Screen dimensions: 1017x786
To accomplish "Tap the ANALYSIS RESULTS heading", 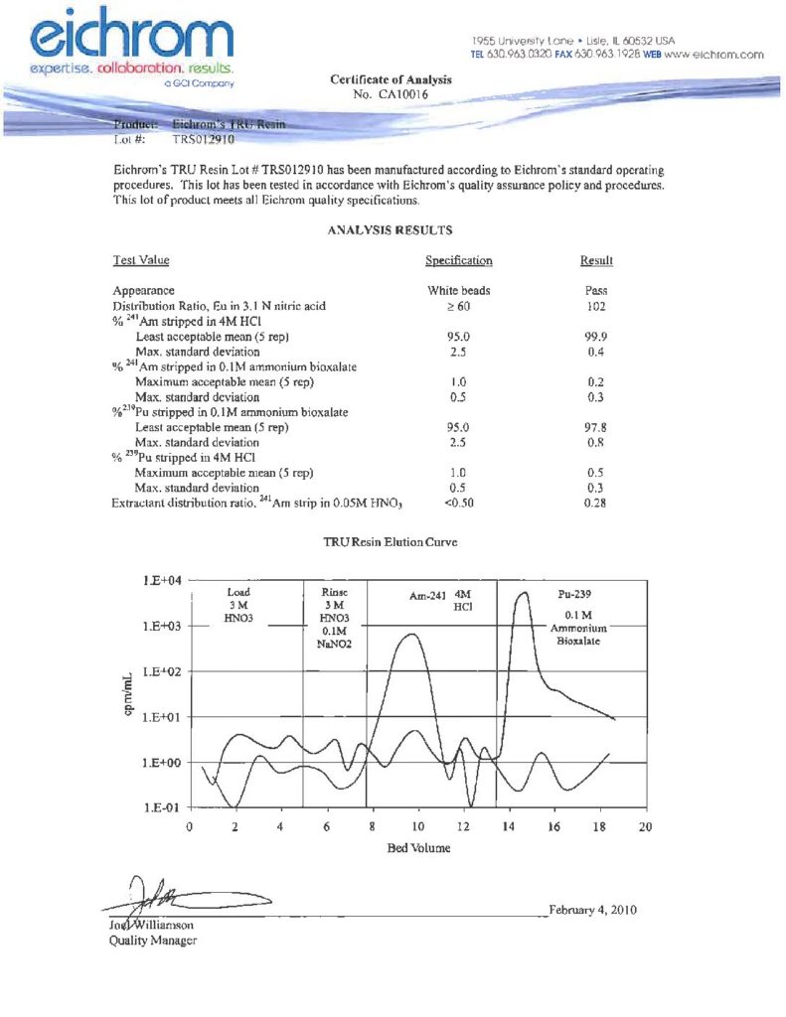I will click(391, 229).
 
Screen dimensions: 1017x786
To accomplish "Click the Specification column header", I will click(458, 261).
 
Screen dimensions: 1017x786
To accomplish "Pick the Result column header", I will click(596, 261).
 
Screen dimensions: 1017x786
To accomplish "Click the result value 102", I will click(596, 307).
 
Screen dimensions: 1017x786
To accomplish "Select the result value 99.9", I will click(596, 338).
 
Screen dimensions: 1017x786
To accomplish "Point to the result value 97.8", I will click(596, 427).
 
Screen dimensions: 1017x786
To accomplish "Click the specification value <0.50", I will click(458, 504).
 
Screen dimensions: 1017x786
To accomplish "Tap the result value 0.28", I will click(596, 504).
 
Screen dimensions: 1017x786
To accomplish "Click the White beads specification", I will click(458, 291).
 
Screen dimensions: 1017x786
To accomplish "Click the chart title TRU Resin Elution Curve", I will click(390, 544).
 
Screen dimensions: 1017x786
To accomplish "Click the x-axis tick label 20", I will click(645, 826).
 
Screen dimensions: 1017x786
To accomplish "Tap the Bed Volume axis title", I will click(417, 848).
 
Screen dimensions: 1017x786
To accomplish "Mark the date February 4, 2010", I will click(592, 910).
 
